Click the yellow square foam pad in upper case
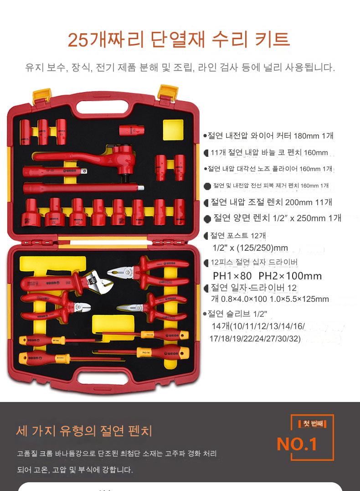pos(173,129)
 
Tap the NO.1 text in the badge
pos(297,444)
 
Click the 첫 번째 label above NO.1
pos(313,424)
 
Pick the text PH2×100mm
pos(290,276)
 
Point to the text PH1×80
pos(232,276)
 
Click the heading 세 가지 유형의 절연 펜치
pos(84,431)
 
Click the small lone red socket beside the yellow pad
pos(132,130)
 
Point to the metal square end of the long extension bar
pos(141,188)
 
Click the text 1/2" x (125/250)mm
pos(250,248)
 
